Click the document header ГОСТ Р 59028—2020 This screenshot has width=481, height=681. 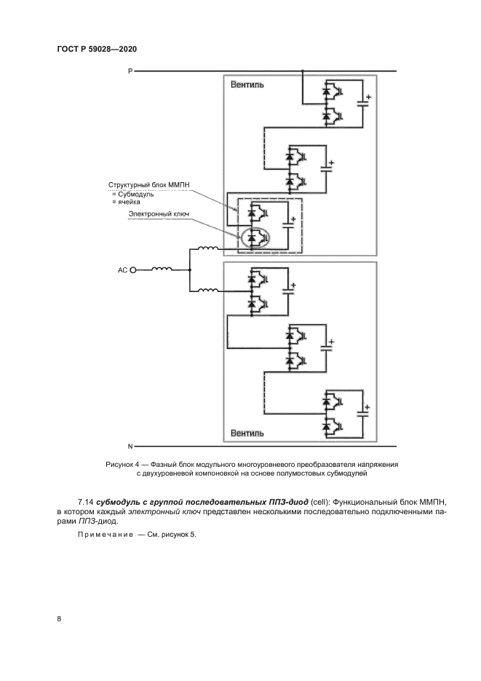tap(97, 49)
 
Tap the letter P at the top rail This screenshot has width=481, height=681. tap(130, 71)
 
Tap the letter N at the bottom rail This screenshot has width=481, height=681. tap(130, 445)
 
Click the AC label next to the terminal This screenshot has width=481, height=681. tap(122, 270)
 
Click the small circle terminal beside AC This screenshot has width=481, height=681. tap(133, 270)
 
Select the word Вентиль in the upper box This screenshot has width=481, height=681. tap(247, 84)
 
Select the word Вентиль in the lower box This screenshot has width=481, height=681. tap(247, 433)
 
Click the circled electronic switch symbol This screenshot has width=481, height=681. tap(255, 237)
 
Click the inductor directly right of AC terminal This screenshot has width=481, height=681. tap(162, 269)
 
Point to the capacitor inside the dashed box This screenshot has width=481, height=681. tap(289, 225)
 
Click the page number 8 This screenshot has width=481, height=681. tap(58, 619)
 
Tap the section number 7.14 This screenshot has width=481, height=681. tap(86, 502)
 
